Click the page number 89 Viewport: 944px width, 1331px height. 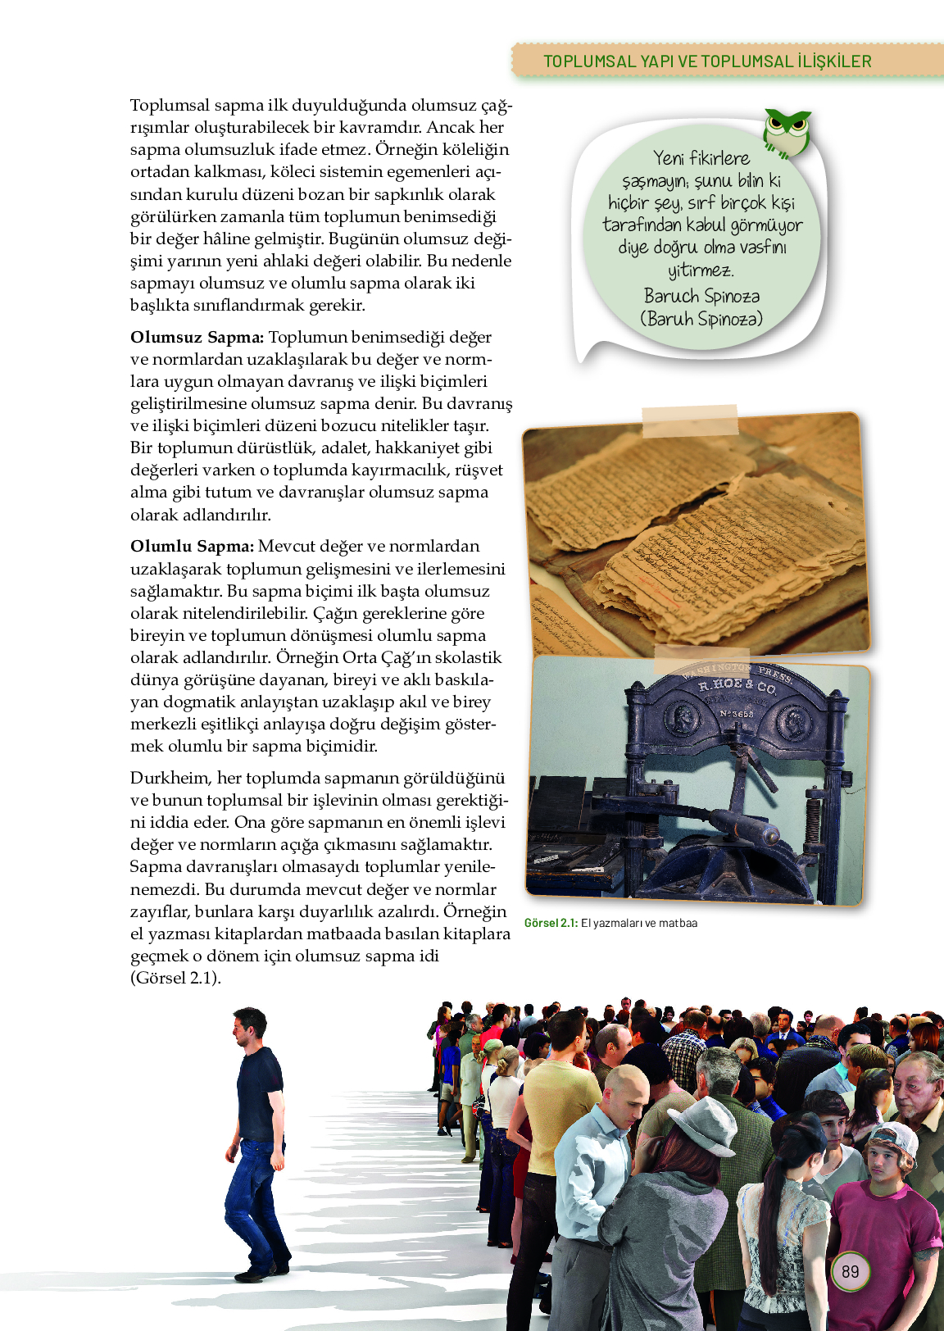click(x=850, y=1271)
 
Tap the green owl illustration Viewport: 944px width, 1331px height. click(x=787, y=133)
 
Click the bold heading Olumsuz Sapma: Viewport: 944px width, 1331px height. click(x=197, y=337)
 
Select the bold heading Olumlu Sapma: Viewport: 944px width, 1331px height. click(x=193, y=547)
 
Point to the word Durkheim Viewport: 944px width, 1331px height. click(x=170, y=778)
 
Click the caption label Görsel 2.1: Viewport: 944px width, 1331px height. click(x=551, y=923)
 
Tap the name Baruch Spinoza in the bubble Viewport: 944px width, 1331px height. click(x=701, y=296)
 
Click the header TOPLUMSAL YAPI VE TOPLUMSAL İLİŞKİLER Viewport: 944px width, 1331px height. click(x=707, y=61)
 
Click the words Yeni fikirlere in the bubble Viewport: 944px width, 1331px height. click(x=701, y=158)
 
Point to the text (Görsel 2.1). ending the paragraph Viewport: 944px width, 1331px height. click(x=175, y=978)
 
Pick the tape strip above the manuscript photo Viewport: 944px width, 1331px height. click(x=690, y=420)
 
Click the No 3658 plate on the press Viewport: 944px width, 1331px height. click(x=737, y=714)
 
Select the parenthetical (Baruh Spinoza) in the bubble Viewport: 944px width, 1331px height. click(x=701, y=318)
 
